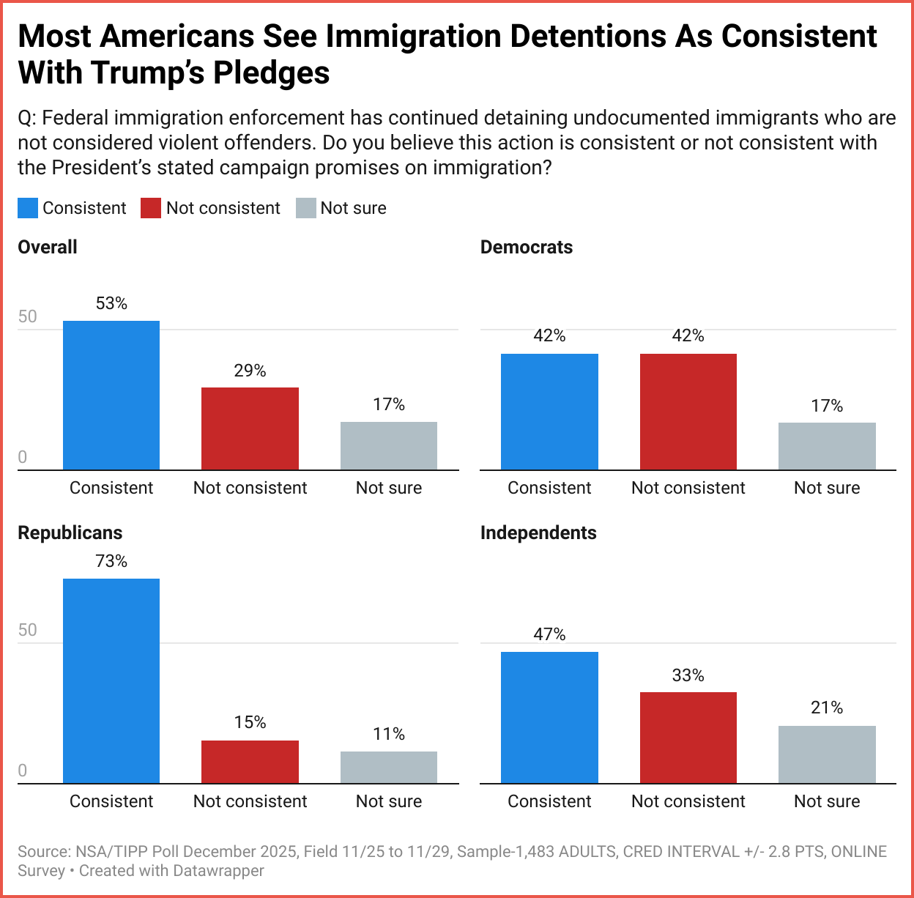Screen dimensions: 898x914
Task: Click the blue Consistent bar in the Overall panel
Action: click(x=111, y=396)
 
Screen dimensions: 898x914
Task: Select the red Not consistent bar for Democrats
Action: click(x=688, y=412)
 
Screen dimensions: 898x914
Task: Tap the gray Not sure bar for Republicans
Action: click(x=389, y=768)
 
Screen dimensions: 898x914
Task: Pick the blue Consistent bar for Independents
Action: click(x=549, y=718)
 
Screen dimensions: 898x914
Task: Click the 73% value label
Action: click(x=111, y=562)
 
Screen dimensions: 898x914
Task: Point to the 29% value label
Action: click(x=250, y=371)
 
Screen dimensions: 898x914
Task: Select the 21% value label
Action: click(x=827, y=708)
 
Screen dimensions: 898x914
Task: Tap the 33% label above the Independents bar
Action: click(x=688, y=675)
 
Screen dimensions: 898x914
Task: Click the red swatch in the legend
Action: click(x=151, y=208)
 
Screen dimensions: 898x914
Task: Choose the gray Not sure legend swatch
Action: click(x=305, y=208)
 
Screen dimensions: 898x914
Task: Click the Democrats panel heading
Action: click(x=527, y=248)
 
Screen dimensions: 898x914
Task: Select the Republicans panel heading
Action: click(x=70, y=533)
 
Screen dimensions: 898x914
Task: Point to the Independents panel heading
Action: click(x=538, y=533)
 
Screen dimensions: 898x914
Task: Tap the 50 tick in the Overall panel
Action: click(x=27, y=316)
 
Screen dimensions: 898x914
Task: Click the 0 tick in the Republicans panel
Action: click(x=22, y=771)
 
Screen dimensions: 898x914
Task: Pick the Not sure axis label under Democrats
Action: click(x=827, y=488)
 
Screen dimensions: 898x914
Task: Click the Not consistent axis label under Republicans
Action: click(x=250, y=801)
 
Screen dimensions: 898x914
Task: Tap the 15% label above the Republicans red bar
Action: click(x=250, y=723)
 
